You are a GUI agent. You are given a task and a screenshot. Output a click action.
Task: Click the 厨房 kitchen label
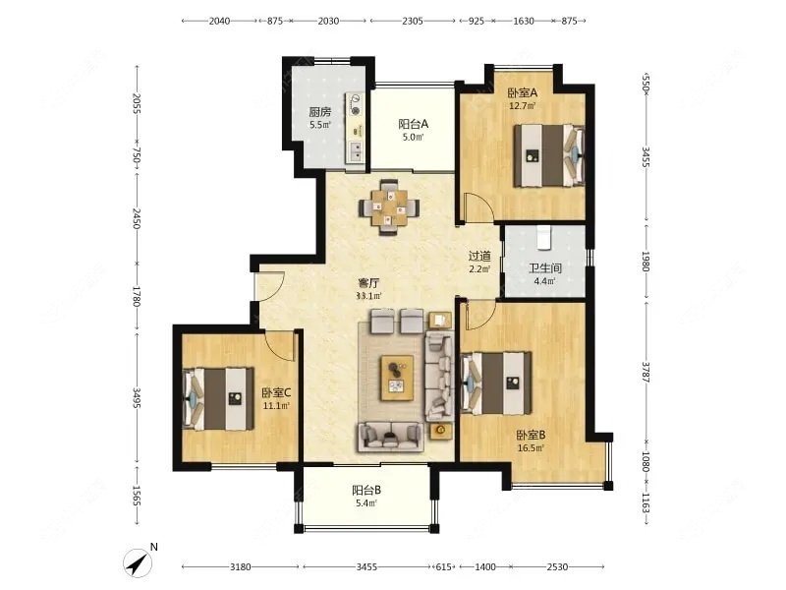pyautogui.click(x=320, y=112)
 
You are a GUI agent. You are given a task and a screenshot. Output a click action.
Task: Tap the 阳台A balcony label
pyautogui.click(x=414, y=124)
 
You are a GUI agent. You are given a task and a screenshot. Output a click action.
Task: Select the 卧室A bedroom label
pyautogui.click(x=523, y=92)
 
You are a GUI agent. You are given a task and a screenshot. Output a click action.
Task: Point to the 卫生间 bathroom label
pyautogui.click(x=545, y=268)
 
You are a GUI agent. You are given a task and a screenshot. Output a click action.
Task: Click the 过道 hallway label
pyautogui.click(x=479, y=256)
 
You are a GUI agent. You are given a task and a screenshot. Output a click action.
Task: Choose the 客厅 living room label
pyautogui.click(x=368, y=283)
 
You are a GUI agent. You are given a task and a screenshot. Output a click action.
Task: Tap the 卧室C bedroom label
pyautogui.click(x=276, y=392)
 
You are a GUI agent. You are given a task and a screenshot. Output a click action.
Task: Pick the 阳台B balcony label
pyautogui.click(x=366, y=490)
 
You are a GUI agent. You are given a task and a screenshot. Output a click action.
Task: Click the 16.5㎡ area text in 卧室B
pyautogui.click(x=531, y=448)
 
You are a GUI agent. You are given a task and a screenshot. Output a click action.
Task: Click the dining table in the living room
pyautogui.click(x=388, y=206)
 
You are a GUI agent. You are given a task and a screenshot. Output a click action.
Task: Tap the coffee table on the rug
pyautogui.click(x=397, y=378)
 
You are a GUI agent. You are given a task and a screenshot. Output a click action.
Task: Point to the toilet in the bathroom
pyautogui.click(x=544, y=238)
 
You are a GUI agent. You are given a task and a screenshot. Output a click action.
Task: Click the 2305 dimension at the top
pyautogui.click(x=413, y=21)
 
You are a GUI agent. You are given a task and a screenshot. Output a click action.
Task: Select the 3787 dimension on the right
pyautogui.click(x=646, y=372)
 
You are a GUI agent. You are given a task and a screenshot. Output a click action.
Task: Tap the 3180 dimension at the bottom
pyautogui.click(x=240, y=567)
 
